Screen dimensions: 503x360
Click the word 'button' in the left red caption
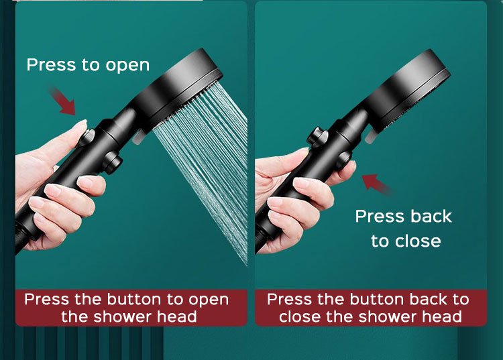click(x=135, y=300)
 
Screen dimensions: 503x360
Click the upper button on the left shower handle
click(x=87, y=137)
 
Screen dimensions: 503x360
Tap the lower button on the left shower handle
click(x=112, y=163)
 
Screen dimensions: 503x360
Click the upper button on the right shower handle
click(x=317, y=137)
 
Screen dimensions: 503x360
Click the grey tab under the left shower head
click(x=138, y=137)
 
